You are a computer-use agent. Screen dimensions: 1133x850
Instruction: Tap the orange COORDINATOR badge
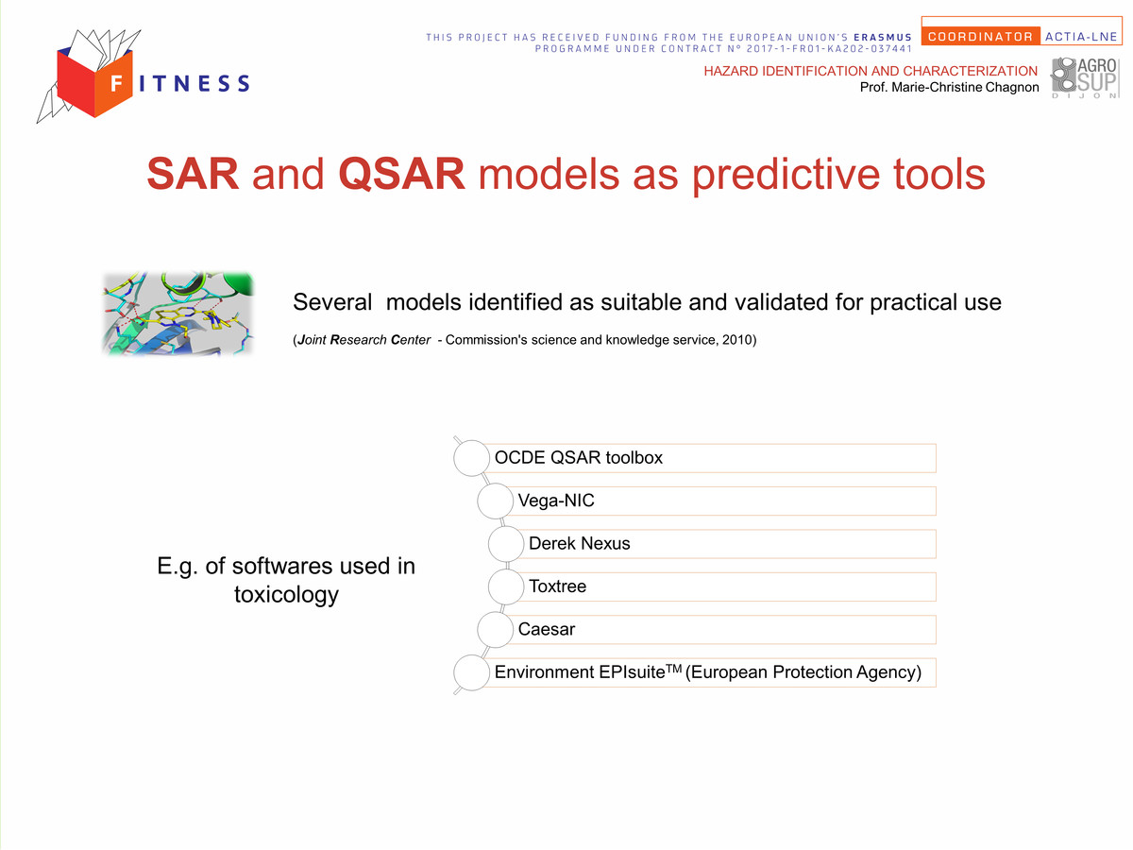[980, 37]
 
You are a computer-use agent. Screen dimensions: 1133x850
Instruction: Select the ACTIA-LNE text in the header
[1081, 37]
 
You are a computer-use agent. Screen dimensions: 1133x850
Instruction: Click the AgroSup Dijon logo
[1085, 77]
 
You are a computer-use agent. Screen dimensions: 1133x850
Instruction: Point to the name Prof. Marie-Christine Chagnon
[949, 87]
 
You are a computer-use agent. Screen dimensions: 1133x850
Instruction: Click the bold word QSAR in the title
[401, 174]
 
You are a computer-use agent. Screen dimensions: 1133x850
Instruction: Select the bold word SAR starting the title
[193, 174]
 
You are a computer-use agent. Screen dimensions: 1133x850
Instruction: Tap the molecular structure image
[178, 314]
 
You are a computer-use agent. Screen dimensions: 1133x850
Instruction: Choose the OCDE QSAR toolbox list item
[578, 458]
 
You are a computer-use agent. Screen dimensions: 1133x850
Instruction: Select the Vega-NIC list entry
[556, 501]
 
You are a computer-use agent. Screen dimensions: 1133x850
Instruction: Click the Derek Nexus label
[579, 543]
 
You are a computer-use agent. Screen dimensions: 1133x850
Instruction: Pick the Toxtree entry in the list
[557, 586]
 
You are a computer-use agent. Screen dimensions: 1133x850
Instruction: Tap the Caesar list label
[546, 629]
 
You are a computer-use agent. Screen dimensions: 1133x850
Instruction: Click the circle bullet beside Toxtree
[506, 586]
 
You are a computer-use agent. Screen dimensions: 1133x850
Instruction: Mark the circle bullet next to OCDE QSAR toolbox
[471, 458]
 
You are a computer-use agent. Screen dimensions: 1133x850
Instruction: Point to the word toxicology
[286, 595]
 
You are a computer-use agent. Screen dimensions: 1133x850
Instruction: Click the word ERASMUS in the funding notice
[883, 37]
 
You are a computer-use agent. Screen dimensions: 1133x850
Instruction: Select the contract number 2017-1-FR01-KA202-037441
[829, 49]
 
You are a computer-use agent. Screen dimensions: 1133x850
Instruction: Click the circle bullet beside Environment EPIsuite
[471, 672]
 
